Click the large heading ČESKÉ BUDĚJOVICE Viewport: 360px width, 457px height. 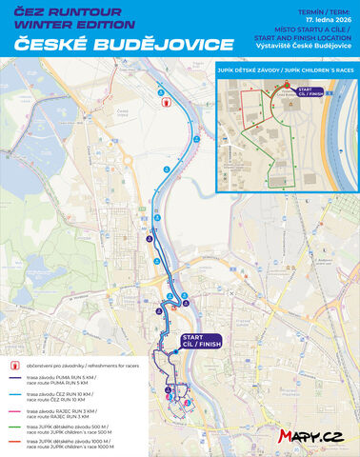[119, 45]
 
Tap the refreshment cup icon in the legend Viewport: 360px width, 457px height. [16, 365]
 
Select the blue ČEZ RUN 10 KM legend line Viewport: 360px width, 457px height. [15, 395]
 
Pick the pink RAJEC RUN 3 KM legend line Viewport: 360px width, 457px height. [15, 410]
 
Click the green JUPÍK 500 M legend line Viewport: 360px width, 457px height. [15, 427]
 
